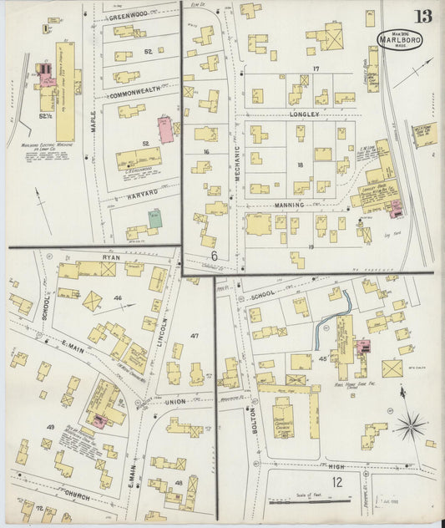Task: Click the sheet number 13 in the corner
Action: tap(423, 16)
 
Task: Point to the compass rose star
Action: tap(411, 427)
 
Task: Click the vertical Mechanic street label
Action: tap(237, 159)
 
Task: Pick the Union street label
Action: tap(176, 403)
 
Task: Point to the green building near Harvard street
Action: tap(155, 219)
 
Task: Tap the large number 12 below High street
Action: tap(336, 481)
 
